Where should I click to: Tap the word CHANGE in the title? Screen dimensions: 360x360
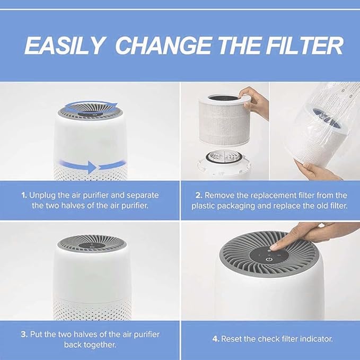coord(156,46)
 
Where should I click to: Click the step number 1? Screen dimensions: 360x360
coord(24,195)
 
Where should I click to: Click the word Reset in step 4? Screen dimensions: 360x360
coord(231,338)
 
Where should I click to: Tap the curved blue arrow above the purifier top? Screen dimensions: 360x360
coord(90,103)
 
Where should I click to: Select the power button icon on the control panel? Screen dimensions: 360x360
coord(270,258)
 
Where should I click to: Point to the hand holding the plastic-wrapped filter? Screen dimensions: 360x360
coord(321,171)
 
